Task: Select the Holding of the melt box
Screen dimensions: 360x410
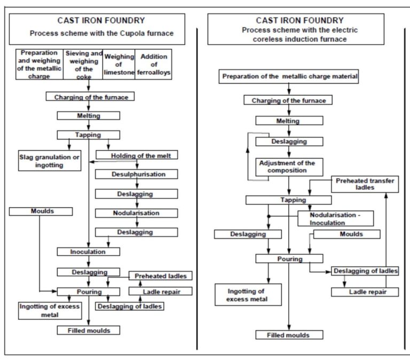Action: (x=137, y=155)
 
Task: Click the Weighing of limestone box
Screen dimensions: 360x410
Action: (x=119, y=65)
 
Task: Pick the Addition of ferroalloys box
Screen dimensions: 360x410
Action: (x=154, y=65)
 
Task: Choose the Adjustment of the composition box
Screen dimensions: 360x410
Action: (x=289, y=167)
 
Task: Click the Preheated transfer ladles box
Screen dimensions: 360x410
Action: (x=365, y=184)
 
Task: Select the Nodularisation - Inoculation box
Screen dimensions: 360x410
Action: (x=335, y=218)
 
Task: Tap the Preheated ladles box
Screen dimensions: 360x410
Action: (x=160, y=276)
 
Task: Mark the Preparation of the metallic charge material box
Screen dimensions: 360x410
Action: (x=289, y=77)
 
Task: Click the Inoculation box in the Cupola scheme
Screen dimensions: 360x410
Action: (x=88, y=252)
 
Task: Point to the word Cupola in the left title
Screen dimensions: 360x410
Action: (x=121, y=34)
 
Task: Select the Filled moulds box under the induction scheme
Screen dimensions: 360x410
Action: (x=289, y=335)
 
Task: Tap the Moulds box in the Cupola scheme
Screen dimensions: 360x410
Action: (x=40, y=212)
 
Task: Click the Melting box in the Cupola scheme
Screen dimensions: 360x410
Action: (x=88, y=115)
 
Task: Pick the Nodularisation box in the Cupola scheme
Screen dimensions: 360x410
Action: (x=137, y=213)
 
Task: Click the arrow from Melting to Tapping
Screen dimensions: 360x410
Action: (x=89, y=125)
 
